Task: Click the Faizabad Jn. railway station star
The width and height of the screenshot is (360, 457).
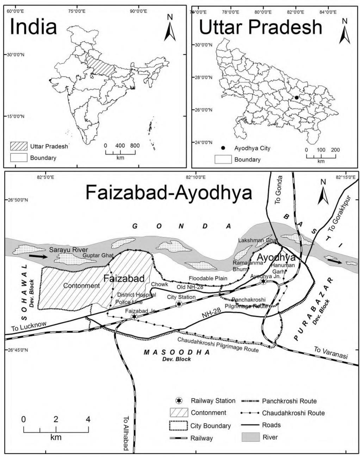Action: [134, 317]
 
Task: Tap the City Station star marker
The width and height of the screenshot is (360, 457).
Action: [179, 304]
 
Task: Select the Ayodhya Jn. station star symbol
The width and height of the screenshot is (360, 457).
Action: [263, 281]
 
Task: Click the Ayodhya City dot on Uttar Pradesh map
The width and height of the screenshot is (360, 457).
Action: [297, 98]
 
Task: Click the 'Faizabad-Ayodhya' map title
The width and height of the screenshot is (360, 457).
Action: [169, 193]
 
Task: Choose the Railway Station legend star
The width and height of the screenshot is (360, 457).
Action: [180, 401]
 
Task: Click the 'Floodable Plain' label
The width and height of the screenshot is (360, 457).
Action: [208, 278]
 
